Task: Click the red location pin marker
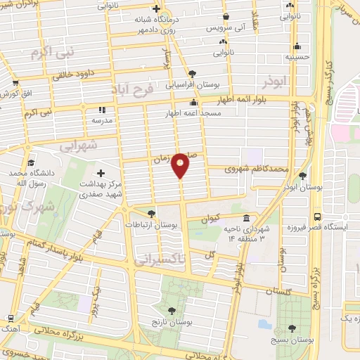tap(181, 165)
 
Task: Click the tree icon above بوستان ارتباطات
tap(151, 214)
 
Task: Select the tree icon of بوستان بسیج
tap(291, 328)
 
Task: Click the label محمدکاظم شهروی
tap(257, 169)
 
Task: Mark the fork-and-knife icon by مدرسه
tap(101, 110)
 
